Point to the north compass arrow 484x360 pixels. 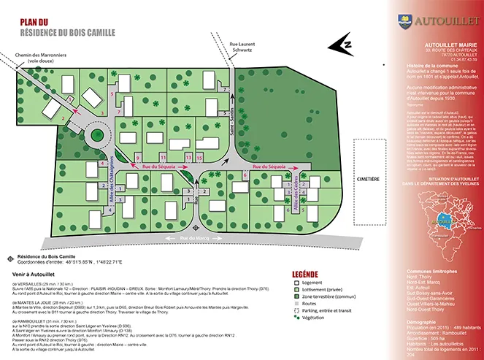340,46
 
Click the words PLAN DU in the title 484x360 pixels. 34,23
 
